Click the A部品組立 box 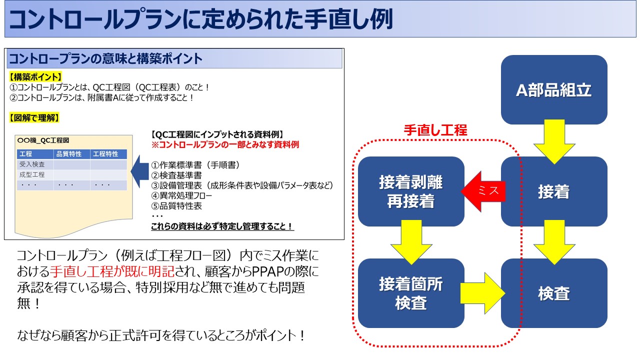553,90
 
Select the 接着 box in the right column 553,191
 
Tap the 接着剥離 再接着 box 410,191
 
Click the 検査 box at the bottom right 553,293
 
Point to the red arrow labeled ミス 482,191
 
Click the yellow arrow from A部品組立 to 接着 553,141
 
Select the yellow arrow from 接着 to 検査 553,243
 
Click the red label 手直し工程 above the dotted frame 435,130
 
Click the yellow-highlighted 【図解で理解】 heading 34,118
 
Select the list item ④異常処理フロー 181,195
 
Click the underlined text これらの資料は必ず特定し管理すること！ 222,226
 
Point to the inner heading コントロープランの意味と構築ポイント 106,59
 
